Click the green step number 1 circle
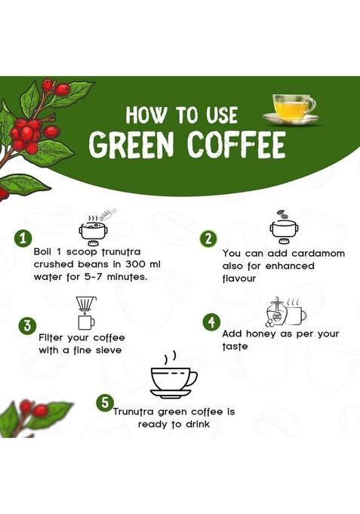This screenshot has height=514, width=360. [x=24, y=239]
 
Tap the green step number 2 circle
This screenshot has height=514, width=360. [x=208, y=239]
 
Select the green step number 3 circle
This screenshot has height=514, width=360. [x=27, y=325]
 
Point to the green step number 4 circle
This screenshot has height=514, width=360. [x=212, y=322]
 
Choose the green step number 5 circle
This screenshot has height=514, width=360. [x=105, y=403]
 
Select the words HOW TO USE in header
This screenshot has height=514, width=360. [x=181, y=115]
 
